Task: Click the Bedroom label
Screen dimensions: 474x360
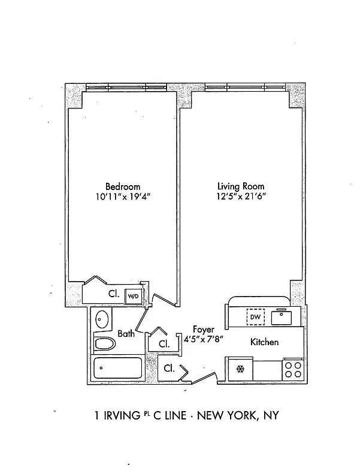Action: pos(123,186)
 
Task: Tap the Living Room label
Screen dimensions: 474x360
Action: pos(240,186)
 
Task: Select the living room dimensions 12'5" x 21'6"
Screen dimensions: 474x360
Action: pos(241,197)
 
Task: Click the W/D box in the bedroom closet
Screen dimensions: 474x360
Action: pos(132,295)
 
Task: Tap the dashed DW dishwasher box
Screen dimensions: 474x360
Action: pos(255,316)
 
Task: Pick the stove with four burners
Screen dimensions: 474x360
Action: pos(293,369)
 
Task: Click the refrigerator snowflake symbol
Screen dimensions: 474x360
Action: pos(241,369)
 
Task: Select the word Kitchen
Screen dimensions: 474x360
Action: pos(264,342)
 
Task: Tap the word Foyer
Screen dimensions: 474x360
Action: pos(203,330)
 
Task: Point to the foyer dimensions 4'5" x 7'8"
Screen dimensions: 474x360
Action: pos(203,339)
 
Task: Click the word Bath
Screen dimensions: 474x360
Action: pos(126,334)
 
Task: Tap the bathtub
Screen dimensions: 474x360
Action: pos(117,368)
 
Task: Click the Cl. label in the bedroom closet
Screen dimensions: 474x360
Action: pos(113,294)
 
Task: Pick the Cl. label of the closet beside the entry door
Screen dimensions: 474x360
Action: pos(169,369)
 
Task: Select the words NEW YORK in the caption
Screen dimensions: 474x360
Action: pos(225,415)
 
